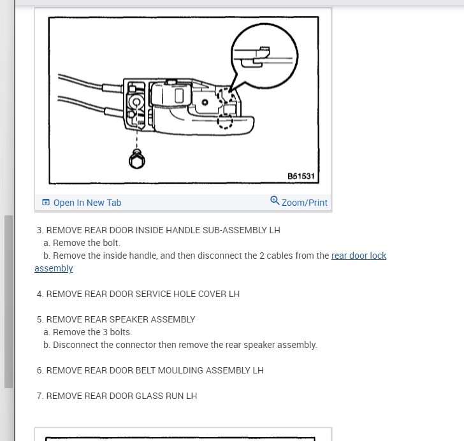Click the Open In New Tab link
[x=87, y=203]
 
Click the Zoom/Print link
[x=304, y=203]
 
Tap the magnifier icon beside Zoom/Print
[x=275, y=200]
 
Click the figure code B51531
[x=301, y=177]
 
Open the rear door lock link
[x=359, y=256]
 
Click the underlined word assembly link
[x=54, y=268]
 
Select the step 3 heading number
[x=40, y=230]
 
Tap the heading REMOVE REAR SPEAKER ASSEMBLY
[x=120, y=319]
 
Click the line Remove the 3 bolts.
[x=92, y=332]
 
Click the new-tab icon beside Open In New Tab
[x=46, y=203]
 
